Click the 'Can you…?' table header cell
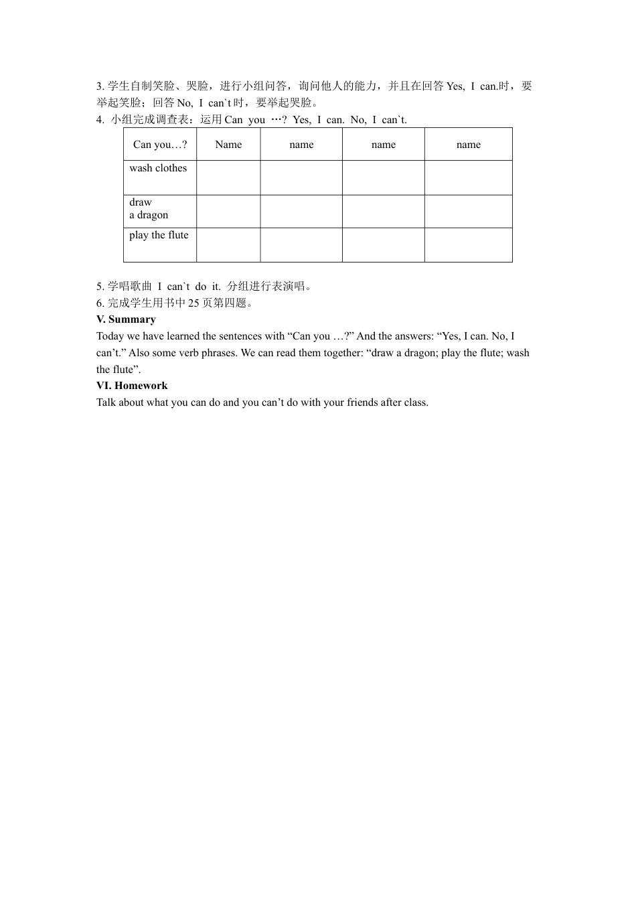160,145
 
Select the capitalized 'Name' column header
228,145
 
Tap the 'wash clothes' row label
158,168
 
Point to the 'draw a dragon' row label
149,208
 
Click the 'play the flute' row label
159,235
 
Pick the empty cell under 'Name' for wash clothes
228,177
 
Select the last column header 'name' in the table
468,145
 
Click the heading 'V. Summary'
126,319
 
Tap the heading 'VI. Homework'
132,386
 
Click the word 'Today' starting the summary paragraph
110,336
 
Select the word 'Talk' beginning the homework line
106,402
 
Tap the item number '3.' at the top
100,86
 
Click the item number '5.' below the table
100,287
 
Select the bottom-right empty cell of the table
468,244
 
